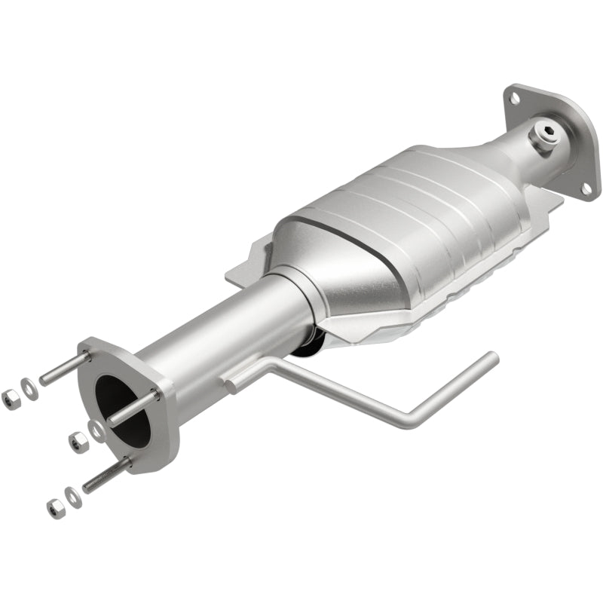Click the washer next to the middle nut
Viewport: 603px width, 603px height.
[96, 429]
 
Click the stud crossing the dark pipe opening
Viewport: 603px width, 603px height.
[132, 407]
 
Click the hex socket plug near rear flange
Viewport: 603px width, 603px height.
[548, 137]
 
